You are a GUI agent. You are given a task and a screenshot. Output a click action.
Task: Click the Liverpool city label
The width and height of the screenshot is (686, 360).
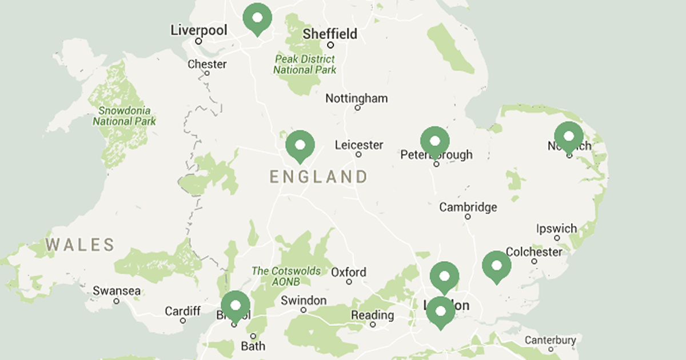(199, 30)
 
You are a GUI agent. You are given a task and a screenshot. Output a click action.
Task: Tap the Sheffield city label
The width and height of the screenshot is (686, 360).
(330, 34)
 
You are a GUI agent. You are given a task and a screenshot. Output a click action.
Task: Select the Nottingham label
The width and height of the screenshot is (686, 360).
(356, 98)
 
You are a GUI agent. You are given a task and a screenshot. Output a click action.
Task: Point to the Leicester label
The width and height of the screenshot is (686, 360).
(359, 145)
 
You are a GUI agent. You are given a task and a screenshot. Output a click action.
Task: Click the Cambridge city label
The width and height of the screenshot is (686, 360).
(468, 207)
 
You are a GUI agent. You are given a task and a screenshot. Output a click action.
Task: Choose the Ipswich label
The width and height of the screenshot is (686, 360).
(556, 229)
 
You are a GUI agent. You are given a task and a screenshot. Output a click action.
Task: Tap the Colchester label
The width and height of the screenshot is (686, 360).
(534, 251)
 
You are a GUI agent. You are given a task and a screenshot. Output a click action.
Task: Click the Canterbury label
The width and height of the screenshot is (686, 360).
(550, 340)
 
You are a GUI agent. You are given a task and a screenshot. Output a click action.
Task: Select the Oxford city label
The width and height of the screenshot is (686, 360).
(349, 272)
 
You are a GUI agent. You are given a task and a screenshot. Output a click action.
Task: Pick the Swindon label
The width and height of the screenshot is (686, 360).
(304, 301)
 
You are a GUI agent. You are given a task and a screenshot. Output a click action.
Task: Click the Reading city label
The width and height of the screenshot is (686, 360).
(372, 315)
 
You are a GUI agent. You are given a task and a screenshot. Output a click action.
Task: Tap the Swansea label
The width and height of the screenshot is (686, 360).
(117, 291)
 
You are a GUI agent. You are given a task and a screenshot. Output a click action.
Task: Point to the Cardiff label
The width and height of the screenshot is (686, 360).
(183, 311)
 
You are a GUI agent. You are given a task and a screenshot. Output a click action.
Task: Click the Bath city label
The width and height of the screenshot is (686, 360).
(253, 346)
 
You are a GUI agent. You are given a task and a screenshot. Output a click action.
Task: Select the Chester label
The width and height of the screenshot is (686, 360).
(207, 64)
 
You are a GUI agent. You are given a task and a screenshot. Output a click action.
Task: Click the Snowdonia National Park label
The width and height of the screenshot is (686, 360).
(124, 115)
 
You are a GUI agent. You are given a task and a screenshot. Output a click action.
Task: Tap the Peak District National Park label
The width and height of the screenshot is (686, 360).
(305, 64)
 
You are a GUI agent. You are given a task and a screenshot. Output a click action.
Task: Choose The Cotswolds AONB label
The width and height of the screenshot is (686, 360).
(286, 276)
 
